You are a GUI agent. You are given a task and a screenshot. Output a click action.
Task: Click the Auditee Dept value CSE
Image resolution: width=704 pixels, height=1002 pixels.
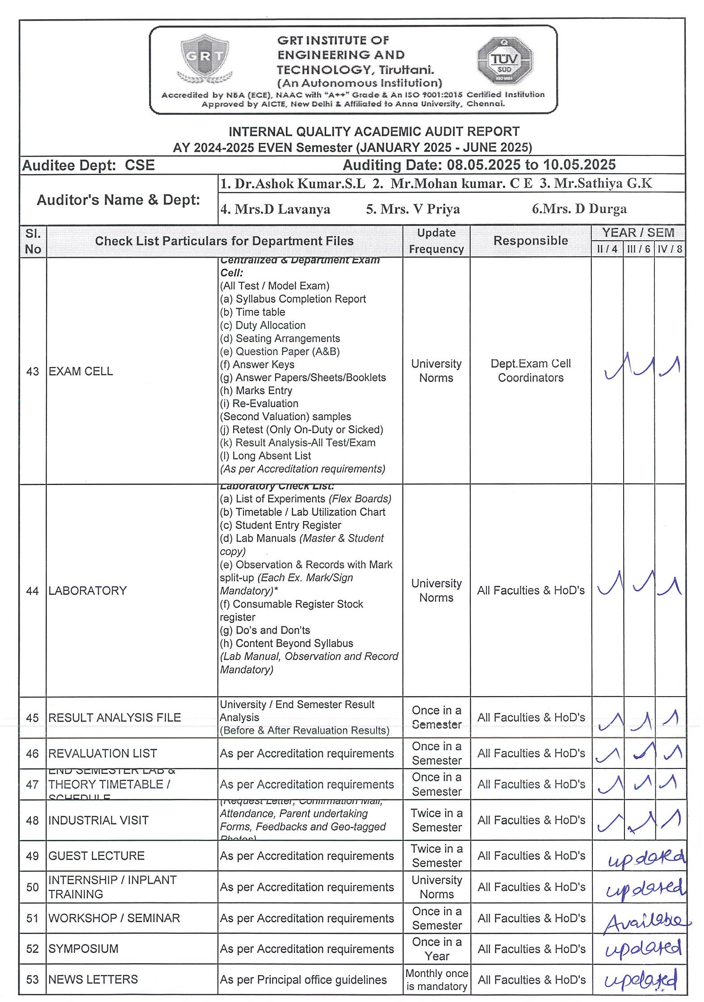(139, 165)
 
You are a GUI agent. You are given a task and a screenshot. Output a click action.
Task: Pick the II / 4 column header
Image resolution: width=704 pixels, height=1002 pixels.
(607, 249)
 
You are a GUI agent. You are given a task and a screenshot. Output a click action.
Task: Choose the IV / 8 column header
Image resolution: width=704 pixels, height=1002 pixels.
(670, 249)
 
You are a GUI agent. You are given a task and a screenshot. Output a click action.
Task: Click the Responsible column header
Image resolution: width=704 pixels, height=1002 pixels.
(530, 241)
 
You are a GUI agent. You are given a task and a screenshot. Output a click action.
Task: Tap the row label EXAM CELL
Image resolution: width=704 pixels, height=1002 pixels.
(81, 371)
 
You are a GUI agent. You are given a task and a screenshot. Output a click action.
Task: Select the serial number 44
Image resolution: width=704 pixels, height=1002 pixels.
(33, 591)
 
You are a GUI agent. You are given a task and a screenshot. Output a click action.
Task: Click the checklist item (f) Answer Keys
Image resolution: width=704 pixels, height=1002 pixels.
(257, 364)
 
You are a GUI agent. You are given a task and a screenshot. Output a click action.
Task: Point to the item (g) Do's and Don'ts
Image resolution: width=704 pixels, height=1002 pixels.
(265, 630)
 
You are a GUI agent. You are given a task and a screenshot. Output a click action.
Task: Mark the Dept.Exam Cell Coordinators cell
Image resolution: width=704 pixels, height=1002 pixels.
(530, 371)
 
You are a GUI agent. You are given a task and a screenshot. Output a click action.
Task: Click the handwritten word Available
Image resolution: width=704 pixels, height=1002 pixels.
(646, 921)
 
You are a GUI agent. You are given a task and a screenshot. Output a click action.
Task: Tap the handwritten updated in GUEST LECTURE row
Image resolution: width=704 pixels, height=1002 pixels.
(646, 859)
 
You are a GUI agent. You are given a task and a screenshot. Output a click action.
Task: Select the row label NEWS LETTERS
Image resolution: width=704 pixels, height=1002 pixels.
(93, 980)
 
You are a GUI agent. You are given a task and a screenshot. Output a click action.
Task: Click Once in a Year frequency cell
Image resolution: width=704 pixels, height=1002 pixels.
(436, 949)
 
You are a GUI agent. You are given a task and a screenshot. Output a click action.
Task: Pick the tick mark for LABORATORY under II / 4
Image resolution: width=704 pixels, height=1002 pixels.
(610, 584)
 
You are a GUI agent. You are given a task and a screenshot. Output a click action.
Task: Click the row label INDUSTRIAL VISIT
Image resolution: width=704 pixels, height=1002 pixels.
(98, 820)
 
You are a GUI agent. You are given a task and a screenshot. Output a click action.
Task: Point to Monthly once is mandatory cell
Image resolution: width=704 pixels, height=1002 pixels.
(436, 980)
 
